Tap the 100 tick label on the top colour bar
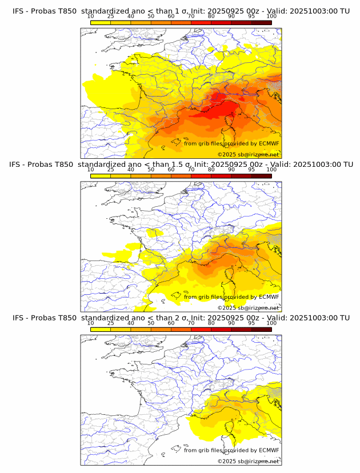271,16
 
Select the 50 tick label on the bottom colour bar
151,323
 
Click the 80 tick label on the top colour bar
211,16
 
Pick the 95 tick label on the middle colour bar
251,170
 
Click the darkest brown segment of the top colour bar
261,22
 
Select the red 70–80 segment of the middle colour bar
201,176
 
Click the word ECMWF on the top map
269,143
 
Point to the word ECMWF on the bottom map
269,451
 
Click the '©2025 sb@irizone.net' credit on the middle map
248,308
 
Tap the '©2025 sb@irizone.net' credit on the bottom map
248,462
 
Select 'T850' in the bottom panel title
66,318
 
